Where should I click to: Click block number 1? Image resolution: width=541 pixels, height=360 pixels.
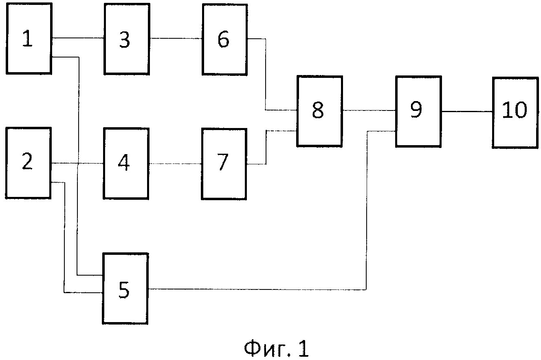point(29,39)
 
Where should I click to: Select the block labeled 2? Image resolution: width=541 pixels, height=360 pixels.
point(28,163)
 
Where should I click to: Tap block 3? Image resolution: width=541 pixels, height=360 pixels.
point(126,39)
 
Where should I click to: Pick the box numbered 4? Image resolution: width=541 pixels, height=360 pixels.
point(125,163)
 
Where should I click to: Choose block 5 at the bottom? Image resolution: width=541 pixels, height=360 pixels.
point(125,289)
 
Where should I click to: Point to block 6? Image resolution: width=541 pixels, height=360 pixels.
point(224,39)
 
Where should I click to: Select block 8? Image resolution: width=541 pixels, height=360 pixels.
point(319,110)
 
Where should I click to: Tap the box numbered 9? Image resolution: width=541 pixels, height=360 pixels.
point(418,111)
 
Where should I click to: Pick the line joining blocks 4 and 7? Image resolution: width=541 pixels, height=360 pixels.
point(175,164)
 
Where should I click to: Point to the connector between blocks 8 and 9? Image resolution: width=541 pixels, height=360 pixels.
point(368,110)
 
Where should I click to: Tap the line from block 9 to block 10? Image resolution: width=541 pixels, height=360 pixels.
point(467,111)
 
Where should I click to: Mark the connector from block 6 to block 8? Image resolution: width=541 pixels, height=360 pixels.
point(266,73)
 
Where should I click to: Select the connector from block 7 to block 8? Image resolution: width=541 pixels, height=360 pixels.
point(266,147)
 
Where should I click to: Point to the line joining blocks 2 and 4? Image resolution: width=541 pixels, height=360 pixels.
point(65,164)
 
